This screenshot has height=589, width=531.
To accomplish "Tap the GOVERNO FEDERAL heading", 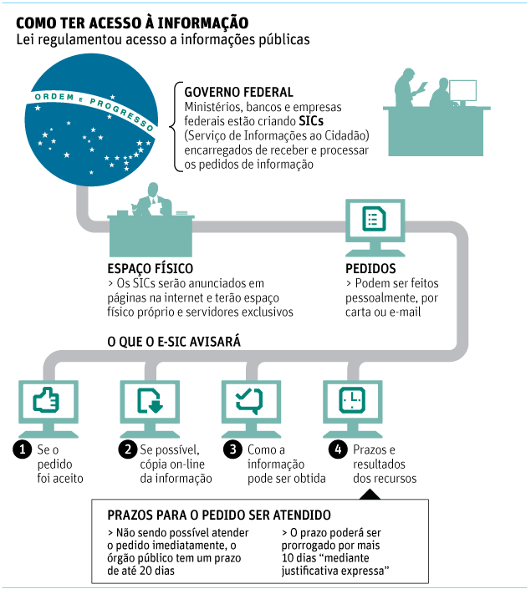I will pos(238,92).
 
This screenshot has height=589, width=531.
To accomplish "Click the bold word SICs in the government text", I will pos(311,121).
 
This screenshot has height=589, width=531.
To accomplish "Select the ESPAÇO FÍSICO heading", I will pos(151,269).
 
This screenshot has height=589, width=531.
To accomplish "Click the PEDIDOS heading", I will pos(370,269).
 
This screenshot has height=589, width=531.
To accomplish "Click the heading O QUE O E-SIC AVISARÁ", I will pos(175,342).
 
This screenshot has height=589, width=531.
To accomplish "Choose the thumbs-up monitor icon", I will pos(47,404).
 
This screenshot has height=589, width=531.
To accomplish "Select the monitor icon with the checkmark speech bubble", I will pos(250,404).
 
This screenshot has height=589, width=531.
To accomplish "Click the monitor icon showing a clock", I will pos(352,404).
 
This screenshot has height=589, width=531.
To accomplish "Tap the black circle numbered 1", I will pos(22,449).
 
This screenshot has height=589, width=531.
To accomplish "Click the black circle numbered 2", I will pos(127,449).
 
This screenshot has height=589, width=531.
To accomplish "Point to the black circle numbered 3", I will pos(233,449).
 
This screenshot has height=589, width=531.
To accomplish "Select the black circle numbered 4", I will pos(338,449).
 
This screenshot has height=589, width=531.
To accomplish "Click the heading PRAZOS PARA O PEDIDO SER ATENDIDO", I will pos(219,515).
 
